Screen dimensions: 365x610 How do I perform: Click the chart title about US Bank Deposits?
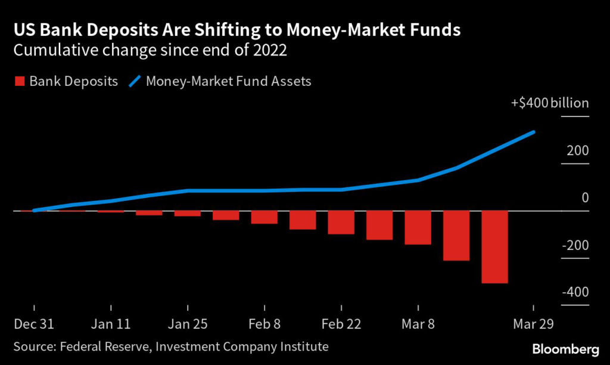[x=237, y=30]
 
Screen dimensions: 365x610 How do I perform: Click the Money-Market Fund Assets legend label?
[x=229, y=82]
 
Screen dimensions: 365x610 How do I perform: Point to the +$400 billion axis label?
[x=550, y=103]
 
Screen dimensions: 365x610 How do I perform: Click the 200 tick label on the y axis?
[x=578, y=150]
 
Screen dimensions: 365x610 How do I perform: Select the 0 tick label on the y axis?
[x=584, y=197]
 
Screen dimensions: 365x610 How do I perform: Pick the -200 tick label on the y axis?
[x=574, y=245]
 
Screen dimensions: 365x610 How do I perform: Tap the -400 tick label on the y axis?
[x=574, y=292]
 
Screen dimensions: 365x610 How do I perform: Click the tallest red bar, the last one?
[x=494, y=247]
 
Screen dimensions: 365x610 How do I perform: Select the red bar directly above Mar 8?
[x=418, y=228]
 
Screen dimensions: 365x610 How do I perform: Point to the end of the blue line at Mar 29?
[x=533, y=132]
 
